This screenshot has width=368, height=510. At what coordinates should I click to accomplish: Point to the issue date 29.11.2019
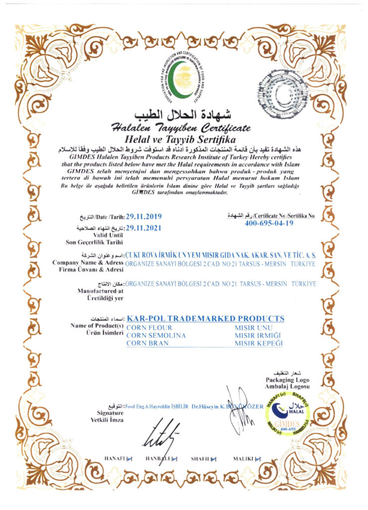[x=144, y=217]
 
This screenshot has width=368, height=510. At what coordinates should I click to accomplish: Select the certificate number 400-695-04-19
[x=269, y=223]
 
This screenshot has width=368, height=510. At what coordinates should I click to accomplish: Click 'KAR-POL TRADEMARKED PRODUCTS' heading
[x=206, y=318]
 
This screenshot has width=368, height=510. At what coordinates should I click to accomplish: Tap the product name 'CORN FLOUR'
[x=149, y=328]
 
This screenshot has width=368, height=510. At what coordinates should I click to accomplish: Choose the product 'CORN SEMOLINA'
[x=156, y=336]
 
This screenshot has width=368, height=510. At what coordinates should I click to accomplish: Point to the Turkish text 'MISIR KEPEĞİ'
[x=258, y=344]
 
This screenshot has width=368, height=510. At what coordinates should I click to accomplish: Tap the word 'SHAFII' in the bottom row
[x=200, y=458]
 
